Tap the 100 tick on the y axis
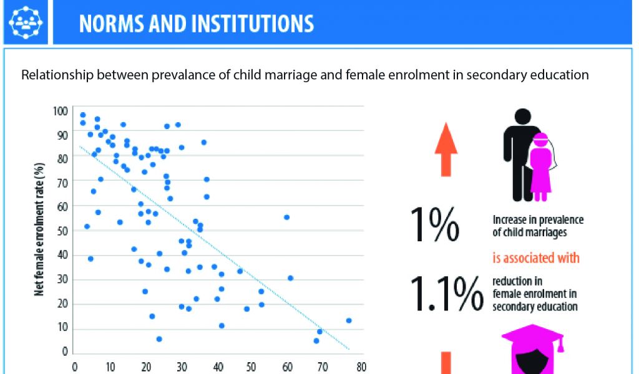(x=60, y=111)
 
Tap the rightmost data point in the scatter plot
(x=349, y=320)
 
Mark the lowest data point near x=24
(x=159, y=338)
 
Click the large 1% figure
(x=435, y=225)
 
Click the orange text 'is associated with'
(x=536, y=257)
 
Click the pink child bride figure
(x=540, y=166)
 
